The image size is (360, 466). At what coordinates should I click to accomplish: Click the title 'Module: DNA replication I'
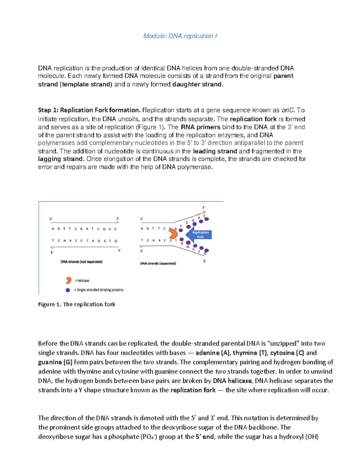180,36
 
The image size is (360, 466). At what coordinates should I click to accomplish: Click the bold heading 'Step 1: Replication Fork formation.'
89,110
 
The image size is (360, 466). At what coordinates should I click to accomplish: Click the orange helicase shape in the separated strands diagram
173,233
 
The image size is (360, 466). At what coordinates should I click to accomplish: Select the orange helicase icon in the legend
68,281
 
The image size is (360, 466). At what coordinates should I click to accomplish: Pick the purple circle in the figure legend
68,290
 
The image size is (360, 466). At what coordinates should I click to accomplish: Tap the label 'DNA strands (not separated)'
82,262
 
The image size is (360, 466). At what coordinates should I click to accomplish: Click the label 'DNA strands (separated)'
158,263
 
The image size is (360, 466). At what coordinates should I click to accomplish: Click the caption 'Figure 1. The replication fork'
76,304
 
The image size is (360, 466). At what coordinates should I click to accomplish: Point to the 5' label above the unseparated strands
51,219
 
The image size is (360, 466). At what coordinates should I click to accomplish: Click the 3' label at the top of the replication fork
204,207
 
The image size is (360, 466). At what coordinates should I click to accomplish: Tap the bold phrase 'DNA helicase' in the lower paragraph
232,381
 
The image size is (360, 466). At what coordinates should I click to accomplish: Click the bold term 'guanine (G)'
55,362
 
